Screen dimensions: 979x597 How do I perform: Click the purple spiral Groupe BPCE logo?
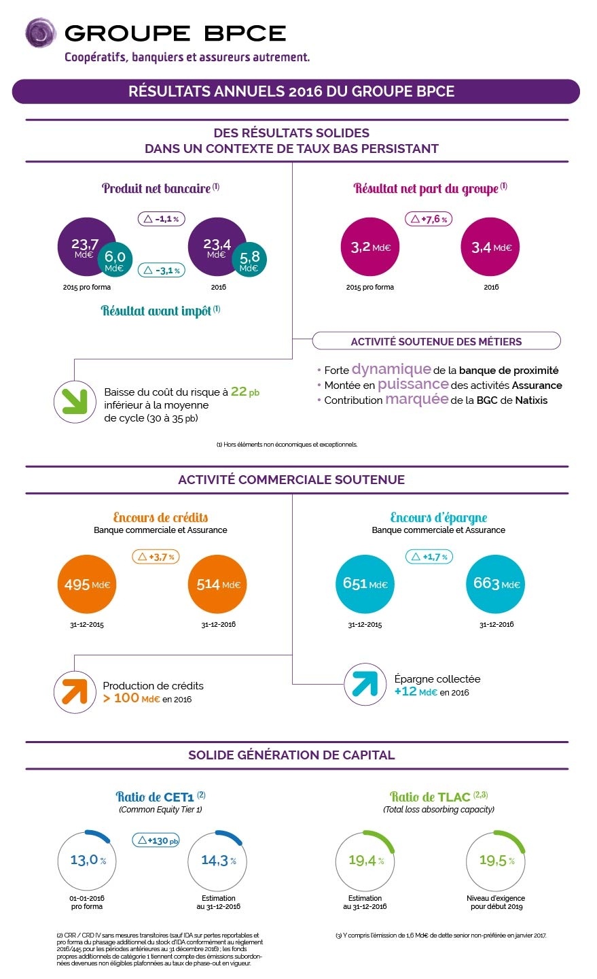(x=40, y=33)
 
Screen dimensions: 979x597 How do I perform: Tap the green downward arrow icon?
(x=74, y=401)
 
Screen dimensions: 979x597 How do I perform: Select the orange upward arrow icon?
(x=74, y=692)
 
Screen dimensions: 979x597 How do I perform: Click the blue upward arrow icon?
(x=364, y=684)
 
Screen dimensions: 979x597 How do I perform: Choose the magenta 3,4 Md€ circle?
(x=490, y=247)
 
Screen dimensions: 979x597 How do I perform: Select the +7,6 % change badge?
(x=429, y=220)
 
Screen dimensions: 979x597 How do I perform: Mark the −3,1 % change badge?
(x=162, y=270)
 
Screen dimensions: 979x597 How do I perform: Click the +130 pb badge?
(x=157, y=840)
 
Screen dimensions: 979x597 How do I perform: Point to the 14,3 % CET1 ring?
(x=218, y=861)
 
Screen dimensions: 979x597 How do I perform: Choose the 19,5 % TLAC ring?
(x=496, y=861)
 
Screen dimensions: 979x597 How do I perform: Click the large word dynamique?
(x=391, y=369)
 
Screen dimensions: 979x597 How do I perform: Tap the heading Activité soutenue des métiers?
(x=436, y=341)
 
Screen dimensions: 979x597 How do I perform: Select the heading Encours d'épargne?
(x=438, y=517)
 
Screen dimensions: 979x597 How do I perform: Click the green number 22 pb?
(x=245, y=392)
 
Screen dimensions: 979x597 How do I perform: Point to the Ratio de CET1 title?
(x=160, y=797)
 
